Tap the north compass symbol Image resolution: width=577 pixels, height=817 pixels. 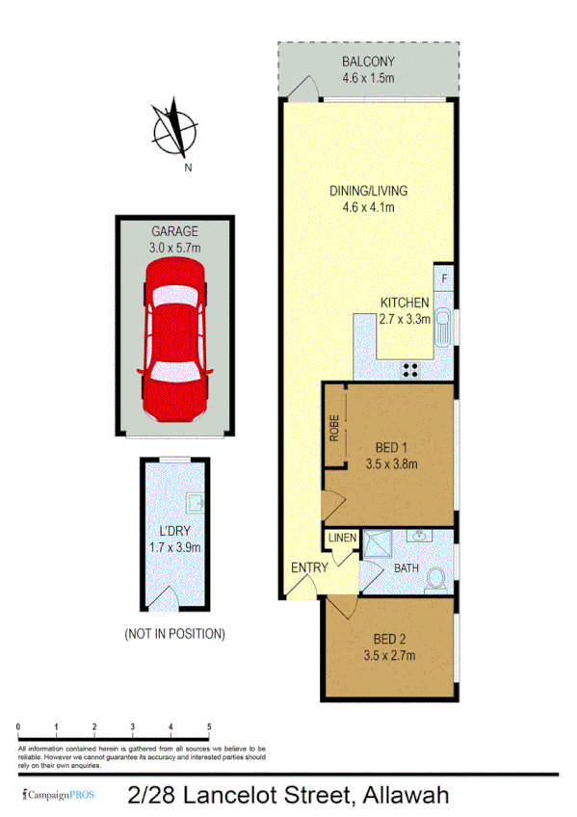point(175,127)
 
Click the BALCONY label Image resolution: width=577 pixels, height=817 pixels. point(368,63)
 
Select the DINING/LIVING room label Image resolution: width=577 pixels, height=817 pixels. point(368,191)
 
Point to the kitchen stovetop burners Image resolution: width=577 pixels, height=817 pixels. point(409,368)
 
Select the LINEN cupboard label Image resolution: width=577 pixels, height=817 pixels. point(341,538)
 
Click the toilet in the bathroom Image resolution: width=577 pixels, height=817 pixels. point(435,578)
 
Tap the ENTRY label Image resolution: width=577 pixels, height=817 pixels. point(309,567)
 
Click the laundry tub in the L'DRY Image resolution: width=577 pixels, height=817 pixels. point(195,500)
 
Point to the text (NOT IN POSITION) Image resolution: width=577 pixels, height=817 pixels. point(174,634)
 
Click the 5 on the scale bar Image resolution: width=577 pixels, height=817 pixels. point(209,726)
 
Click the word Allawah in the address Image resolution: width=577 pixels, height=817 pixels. point(404,796)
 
